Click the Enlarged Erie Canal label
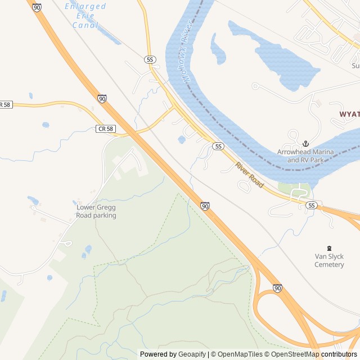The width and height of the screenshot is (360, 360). pos(85,16)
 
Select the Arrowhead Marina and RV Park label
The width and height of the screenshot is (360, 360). pos(305,156)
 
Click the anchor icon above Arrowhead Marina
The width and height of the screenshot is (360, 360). pos(305,144)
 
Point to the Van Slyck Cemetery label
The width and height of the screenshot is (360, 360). pos(329,260)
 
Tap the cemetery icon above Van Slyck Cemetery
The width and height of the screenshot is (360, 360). pos(329,248)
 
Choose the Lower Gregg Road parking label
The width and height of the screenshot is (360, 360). pos(96,211)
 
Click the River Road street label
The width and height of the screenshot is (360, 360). pos(250,175)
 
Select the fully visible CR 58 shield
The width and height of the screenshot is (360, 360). pos(105,129)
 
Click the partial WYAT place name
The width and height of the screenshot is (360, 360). pos(349,114)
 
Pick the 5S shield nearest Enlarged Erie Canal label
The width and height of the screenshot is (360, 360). pos(149,59)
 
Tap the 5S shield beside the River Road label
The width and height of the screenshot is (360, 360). pos(219,146)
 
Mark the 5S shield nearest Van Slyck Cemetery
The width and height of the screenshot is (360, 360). pos(312,205)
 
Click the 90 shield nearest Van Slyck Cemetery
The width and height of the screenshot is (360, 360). pos(277,288)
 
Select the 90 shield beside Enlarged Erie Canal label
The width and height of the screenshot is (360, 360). pos(37,7)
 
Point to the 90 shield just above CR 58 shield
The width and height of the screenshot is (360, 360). pos(102,98)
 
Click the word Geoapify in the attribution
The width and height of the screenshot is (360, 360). pos(192,354)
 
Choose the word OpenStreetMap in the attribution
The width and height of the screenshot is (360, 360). pos(296,354)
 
